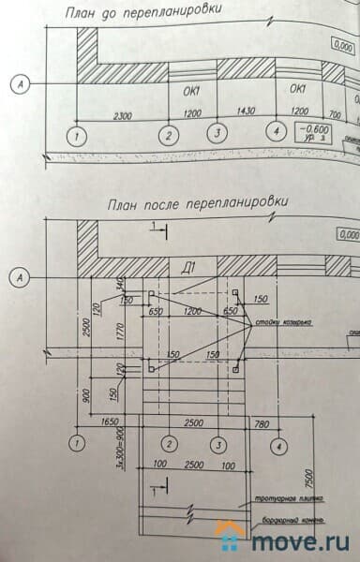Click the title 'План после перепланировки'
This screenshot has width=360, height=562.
point(198,202)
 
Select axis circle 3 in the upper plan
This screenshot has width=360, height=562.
point(217,133)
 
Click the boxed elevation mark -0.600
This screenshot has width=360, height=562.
point(314,129)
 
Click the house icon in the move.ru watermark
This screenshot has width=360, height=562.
point(229,537)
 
